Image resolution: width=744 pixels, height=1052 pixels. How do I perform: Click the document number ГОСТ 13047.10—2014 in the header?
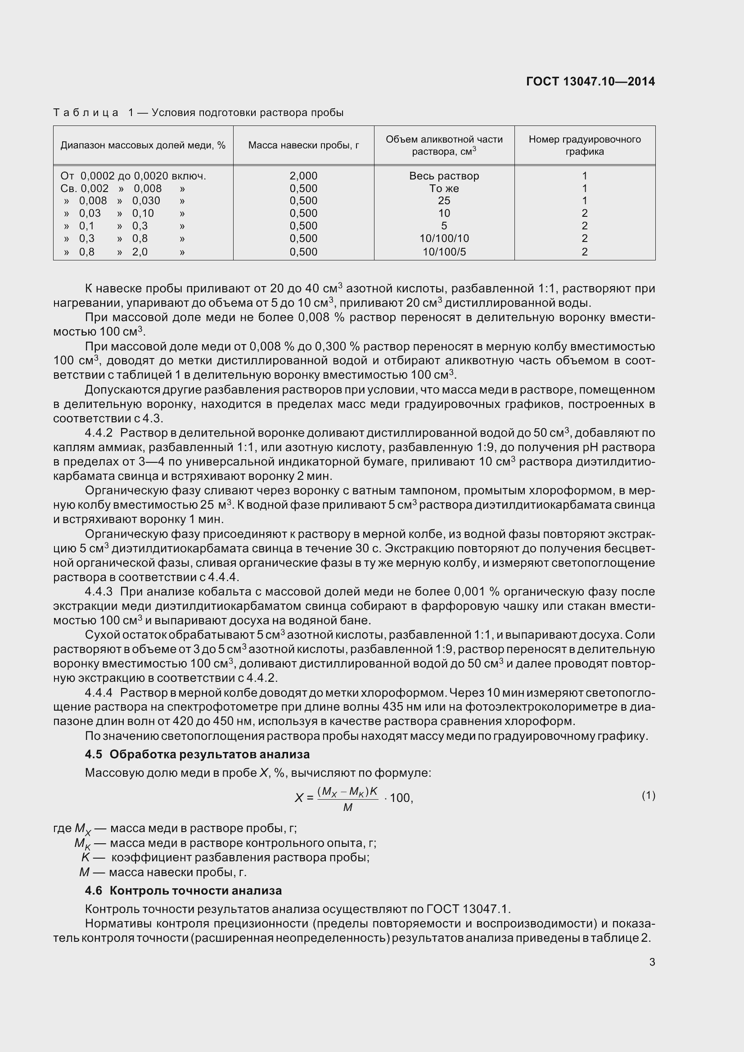tap(591, 81)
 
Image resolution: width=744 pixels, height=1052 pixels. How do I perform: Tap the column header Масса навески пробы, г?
tap(303, 145)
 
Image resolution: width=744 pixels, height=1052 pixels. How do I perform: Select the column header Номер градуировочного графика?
tap(585, 145)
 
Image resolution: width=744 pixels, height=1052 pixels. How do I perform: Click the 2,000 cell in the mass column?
tap(303, 176)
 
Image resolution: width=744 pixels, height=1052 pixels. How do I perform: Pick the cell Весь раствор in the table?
tap(444, 176)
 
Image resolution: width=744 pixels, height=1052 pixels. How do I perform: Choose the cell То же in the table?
tap(444, 188)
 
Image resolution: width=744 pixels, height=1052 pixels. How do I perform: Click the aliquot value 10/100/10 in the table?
tap(444, 238)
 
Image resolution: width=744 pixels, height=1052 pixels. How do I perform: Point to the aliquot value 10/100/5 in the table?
tap(444, 251)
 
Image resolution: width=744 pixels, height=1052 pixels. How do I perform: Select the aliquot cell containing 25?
tap(444, 201)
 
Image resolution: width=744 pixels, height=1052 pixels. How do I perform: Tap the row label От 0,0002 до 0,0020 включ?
tap(133, 176)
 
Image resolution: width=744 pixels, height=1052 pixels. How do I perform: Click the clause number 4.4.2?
tap(99, 433)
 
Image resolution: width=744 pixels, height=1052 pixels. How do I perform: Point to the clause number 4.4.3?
tap(99, 591)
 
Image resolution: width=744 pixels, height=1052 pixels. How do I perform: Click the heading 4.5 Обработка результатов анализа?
tap(197, 754)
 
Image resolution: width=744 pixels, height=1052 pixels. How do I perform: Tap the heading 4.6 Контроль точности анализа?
tap(183, 891)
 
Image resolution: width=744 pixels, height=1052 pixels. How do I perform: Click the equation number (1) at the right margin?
tap(648, 796)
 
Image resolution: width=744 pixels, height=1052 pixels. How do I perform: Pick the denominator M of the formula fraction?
tap(347, 807)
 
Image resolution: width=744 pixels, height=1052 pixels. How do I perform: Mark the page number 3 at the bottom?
tap(652, 962)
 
